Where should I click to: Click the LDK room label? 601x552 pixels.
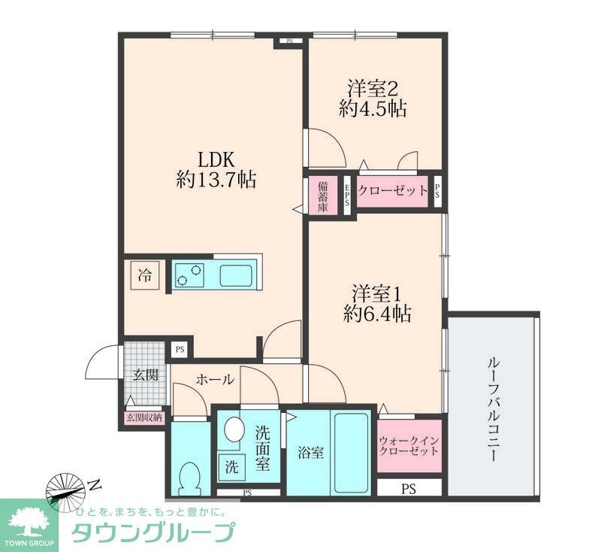point(216,159)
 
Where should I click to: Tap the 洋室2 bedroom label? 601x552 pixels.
point(373,88)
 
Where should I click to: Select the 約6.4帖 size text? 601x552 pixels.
point(377,314)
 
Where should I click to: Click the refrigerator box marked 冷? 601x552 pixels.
point(145,275)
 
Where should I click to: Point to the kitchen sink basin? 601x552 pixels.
point(236,275)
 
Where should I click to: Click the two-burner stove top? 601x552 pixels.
point(189,275)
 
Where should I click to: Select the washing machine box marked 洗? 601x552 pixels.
point(231,467)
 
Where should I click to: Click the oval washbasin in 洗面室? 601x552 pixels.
point(234,429)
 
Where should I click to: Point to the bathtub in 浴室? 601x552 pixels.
point(351,453)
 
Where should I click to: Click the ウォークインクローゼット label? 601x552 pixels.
point(409,445)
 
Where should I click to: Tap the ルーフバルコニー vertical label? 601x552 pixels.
point(494,409)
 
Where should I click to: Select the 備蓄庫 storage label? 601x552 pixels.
point(323,197)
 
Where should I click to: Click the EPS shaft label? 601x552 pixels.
point(347,196)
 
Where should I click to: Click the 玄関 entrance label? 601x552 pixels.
point(146,375)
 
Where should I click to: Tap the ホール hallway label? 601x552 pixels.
point(214,380)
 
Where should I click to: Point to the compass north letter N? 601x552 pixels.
point(95,485)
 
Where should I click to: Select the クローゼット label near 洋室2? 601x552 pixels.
point(392,190)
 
